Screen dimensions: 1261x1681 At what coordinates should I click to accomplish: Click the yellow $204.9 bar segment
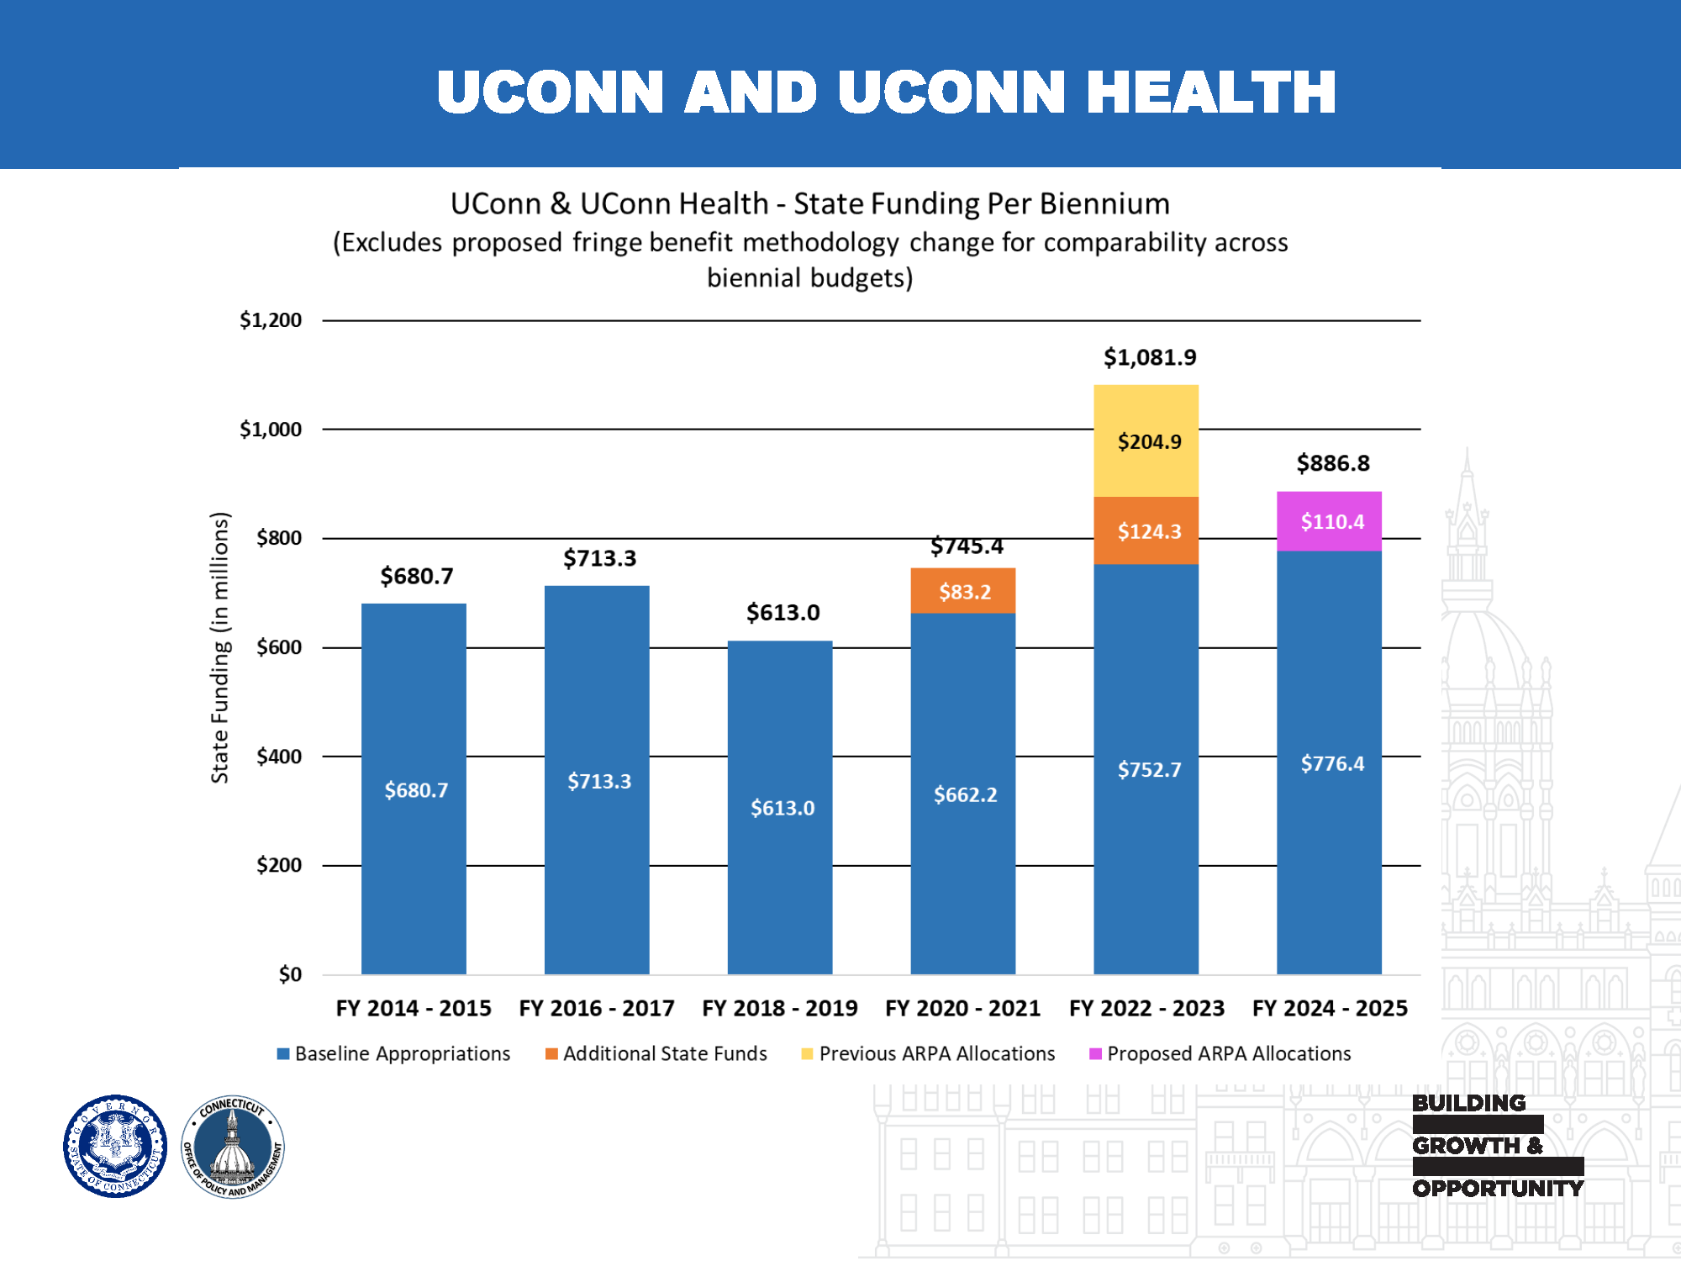click(1146, 441)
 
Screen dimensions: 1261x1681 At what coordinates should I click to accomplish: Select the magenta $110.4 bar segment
click(1329, 521)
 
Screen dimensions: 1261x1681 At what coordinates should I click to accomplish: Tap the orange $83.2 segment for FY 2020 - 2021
click(962, 591)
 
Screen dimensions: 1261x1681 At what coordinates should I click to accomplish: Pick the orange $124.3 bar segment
click(1146, 530)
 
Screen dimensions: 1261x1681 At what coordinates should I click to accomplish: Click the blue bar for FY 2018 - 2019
click(779, 807)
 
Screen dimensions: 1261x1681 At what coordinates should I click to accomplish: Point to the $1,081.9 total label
click(1149, 357)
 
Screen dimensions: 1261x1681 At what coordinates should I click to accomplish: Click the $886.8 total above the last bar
click(1332, 463)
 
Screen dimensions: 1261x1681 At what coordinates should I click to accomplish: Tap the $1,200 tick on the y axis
click(270, 320)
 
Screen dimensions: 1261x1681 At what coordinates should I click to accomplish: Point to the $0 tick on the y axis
click(289, 974)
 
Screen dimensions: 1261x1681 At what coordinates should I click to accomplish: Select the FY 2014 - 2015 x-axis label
click(414, 1008)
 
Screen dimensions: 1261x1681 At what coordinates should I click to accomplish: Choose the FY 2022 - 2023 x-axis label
click(1146, 1008)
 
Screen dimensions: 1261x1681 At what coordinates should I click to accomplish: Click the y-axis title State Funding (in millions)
click(219, 647)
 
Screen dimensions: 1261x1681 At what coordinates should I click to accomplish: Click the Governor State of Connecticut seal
click(115, 1146)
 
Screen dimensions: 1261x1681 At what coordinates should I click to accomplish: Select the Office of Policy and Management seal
click(233, 1146)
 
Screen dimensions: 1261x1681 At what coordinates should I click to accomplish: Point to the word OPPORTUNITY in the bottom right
click(1497, 1188)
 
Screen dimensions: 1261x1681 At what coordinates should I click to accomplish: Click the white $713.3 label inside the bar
click(598, 781)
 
